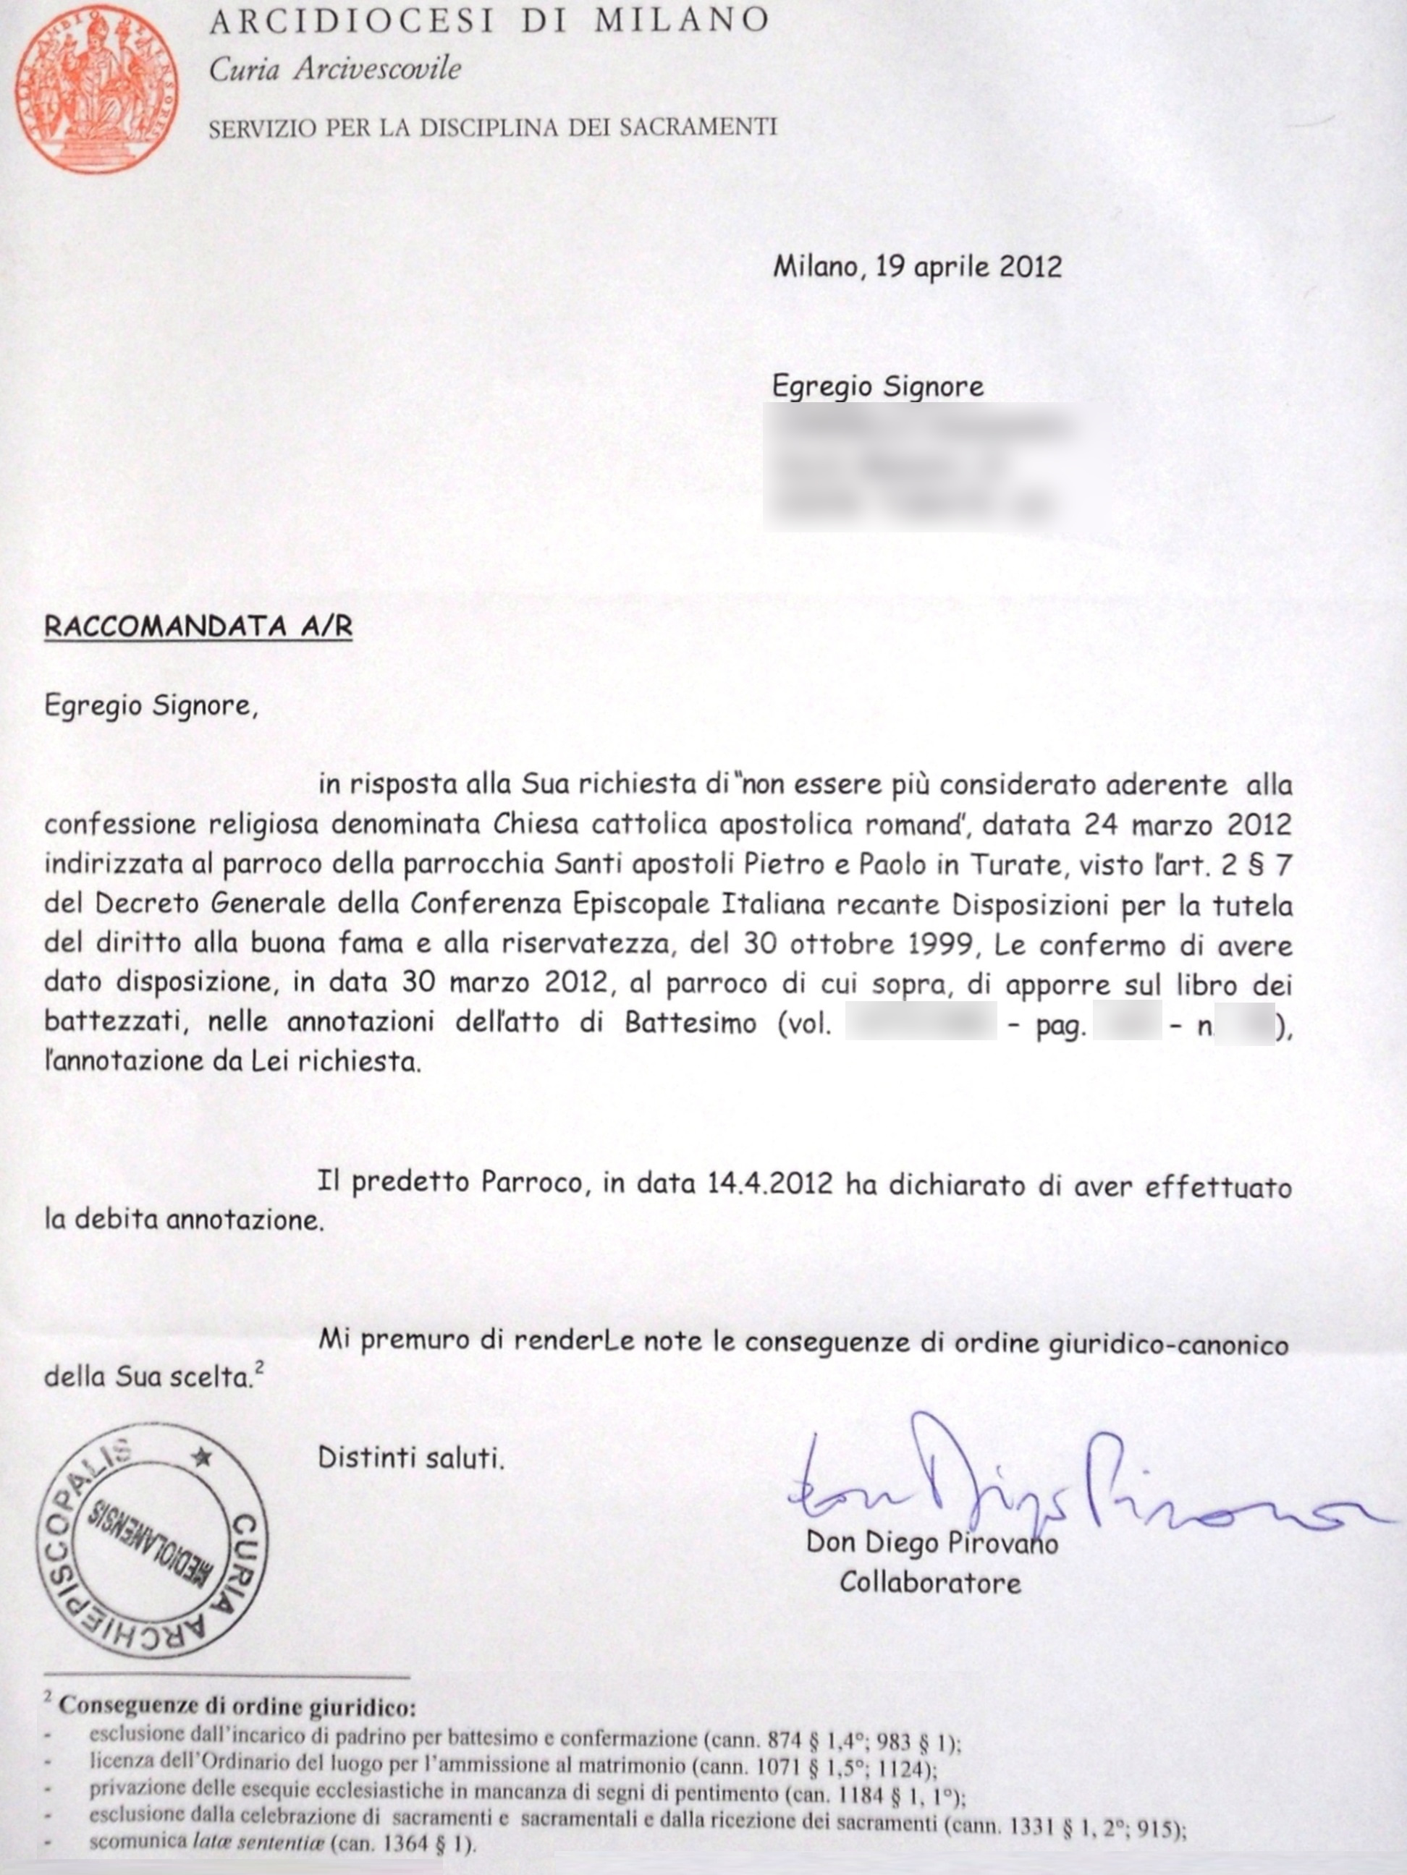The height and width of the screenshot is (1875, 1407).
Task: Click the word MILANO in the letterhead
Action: click(682, 20)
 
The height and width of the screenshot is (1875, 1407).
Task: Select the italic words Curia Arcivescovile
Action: click(335, 69)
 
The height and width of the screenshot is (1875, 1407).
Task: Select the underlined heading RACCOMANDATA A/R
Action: click(198, 626)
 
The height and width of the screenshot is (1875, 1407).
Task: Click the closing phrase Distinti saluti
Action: click(410, 1457)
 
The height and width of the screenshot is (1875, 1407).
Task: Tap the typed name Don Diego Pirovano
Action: click(931, 1541)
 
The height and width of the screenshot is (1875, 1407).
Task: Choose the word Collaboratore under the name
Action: click(929, 1582)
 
